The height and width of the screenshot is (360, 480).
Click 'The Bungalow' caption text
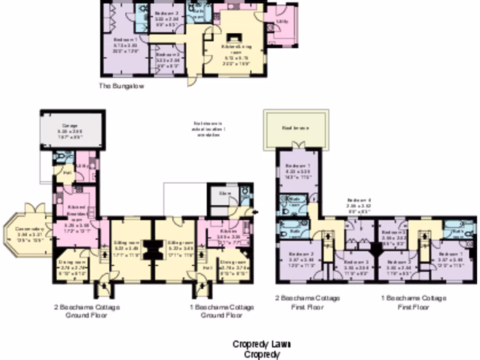click(x=121, y=86)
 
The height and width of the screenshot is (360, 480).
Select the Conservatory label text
click(x=29, y=232)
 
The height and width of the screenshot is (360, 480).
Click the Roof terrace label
click(x=295, y=128)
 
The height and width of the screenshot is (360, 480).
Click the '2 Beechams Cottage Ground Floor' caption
click(x=86, y=311)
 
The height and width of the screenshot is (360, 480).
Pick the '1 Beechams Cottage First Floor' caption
click(x=413, y=302)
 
